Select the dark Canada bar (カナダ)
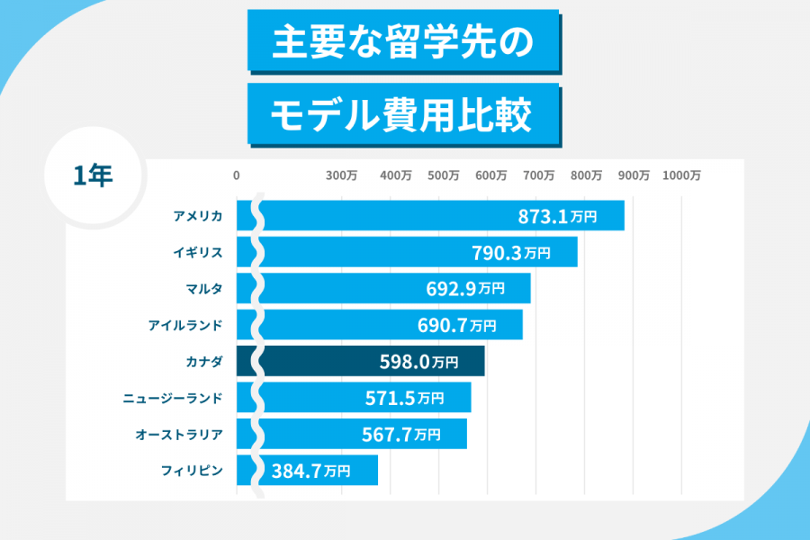tap(360, 362)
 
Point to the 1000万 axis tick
tap(681, 175)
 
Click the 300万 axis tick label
tap(342, 175)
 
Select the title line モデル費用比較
tap(402, 114)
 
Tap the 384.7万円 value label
tap(310, 470)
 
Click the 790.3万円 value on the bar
tap(510, 253)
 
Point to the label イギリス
tap(198, 252)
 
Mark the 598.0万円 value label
tap(418, 362)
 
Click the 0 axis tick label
tap(237, 175)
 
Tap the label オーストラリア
tap(179, 434)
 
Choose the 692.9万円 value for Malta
tap(464, 289)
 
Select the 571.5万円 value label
tap(404, 398)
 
